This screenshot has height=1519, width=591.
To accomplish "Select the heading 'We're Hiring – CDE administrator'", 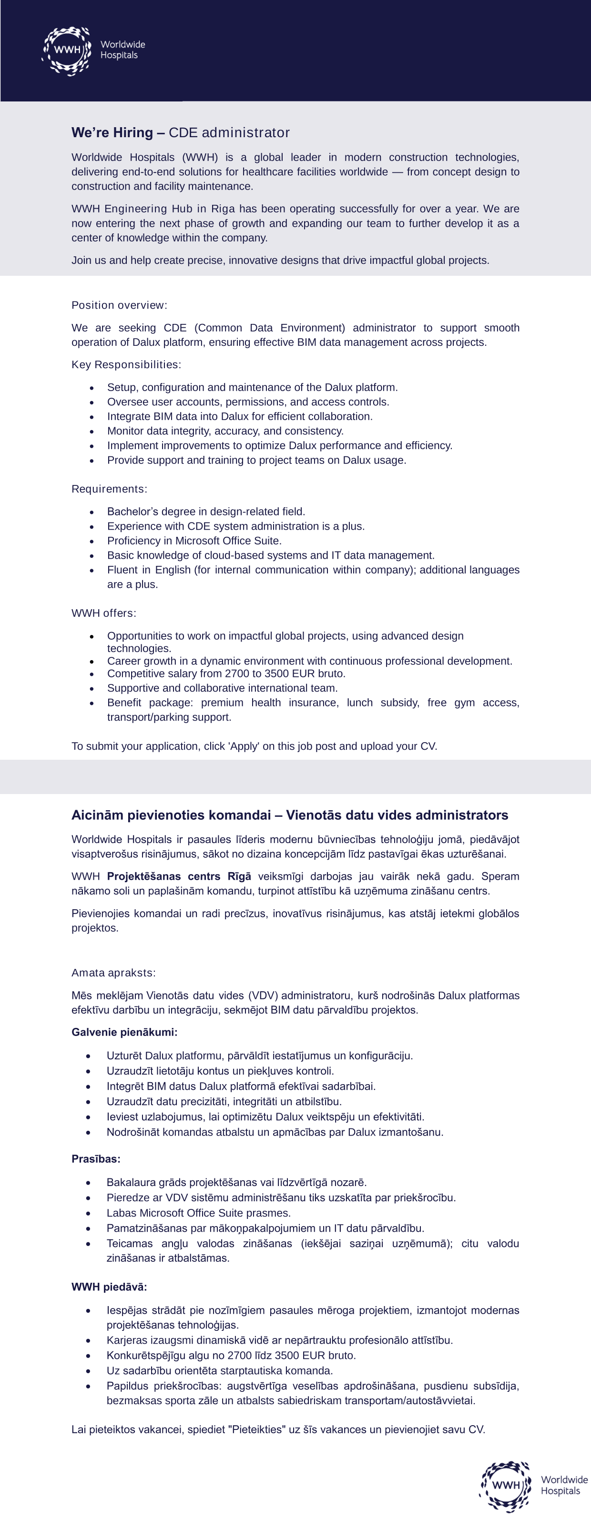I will [x=181, y=133].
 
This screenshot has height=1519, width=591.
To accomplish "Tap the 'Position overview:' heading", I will [x=119, y=305].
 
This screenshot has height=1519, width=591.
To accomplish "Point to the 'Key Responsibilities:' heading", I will [x=126, y=364].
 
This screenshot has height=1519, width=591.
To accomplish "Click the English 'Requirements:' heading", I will [x=109, y=489].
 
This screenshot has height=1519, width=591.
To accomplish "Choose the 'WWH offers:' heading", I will [x=104, y=613].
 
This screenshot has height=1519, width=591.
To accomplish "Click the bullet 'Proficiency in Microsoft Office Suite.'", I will [x=194, y=541].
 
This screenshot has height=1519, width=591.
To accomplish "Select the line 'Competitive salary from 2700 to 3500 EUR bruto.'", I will [x=226, y=674].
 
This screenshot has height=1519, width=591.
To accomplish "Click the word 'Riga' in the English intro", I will [x=223, y=209].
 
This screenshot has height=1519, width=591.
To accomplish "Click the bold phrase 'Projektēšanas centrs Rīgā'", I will [x=179, y=876].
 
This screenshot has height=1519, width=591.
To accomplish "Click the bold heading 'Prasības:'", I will [x=95, y=1159].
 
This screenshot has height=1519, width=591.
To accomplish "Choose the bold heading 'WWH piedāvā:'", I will [x=109, y=1287].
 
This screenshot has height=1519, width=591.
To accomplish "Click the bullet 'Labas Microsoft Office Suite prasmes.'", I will [x=198, y=1213].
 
